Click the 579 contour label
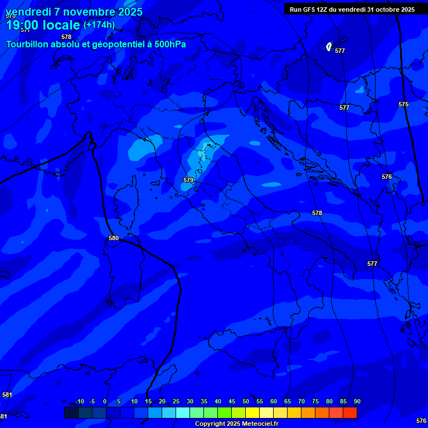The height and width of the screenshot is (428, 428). tap(188, 180)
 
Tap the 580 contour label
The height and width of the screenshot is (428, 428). tap(114, 238)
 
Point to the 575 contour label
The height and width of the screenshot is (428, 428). tap(403, 104)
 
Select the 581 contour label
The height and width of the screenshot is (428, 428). tap(7, 395)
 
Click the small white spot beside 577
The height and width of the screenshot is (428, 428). tap(329, 47)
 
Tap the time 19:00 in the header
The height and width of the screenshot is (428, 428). tap(23, 25)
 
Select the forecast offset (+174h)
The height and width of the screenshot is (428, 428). tap(99, 25)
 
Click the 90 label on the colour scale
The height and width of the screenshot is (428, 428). tap(357, 401)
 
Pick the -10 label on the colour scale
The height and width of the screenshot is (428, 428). tap(79, 401)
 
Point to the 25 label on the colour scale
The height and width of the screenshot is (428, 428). tap(176, 401)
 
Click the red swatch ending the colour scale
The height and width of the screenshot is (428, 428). tap(350, 412)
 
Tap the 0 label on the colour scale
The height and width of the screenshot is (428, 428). tap(105, 401)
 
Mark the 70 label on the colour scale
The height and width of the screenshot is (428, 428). tap(301, 401)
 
